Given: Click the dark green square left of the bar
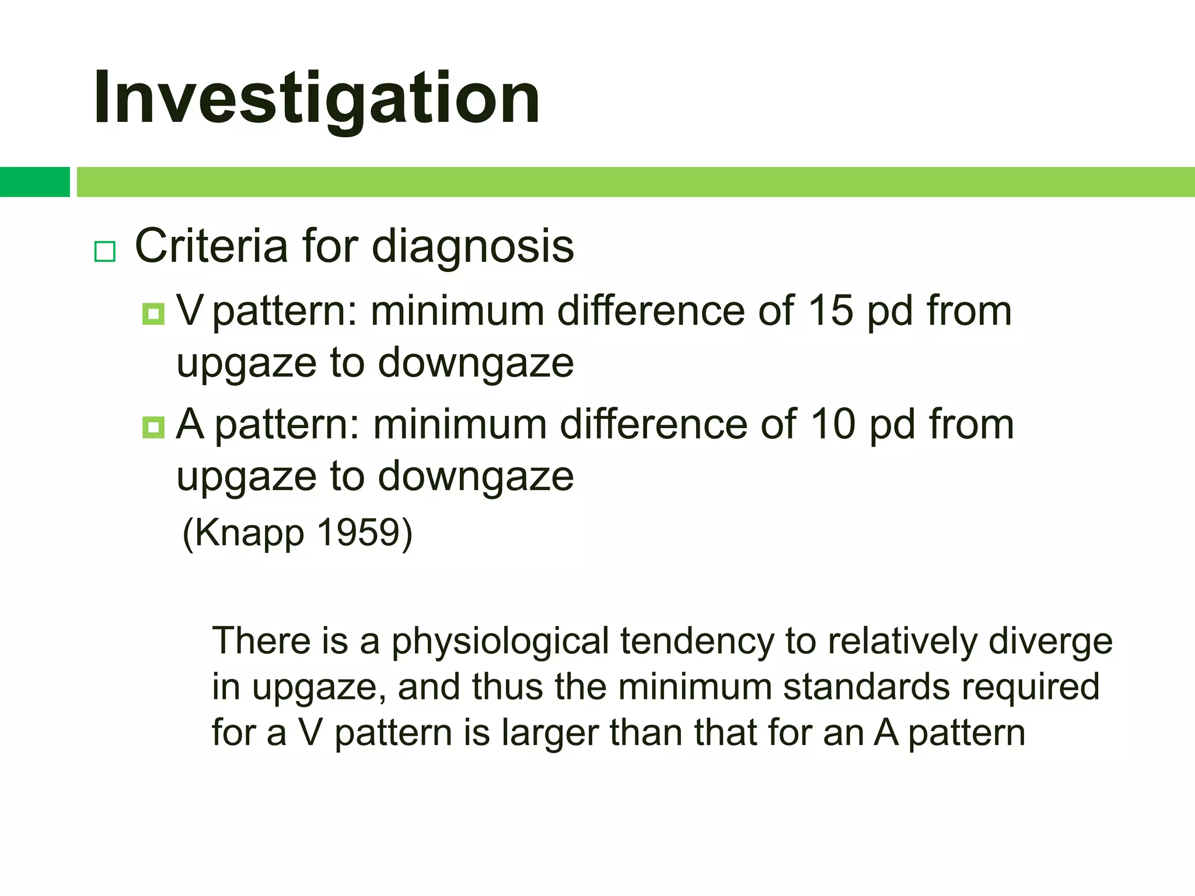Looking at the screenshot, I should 34,182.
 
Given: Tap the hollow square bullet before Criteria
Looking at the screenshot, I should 105,252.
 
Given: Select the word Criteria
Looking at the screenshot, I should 211,246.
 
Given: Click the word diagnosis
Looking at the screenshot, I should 473,247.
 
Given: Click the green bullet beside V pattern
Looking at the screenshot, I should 153,314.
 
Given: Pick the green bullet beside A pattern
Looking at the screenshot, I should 153,428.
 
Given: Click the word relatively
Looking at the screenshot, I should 903,642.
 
